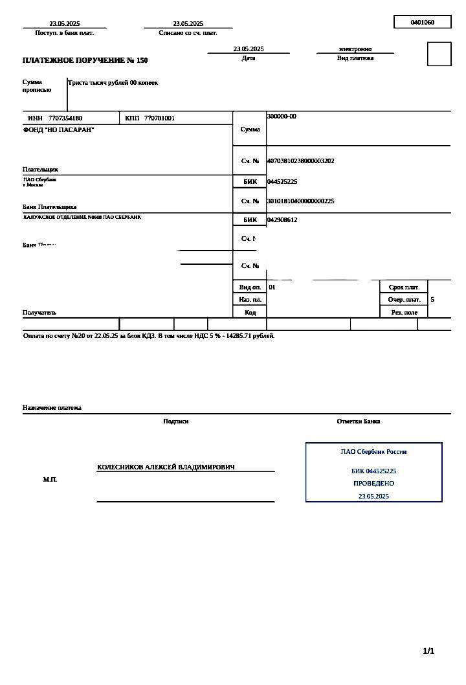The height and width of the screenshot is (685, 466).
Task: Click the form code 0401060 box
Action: [422, 22]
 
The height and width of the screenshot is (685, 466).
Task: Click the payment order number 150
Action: [142, 60]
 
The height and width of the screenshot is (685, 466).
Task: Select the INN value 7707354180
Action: [65, 118]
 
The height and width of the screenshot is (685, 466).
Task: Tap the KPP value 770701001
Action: [159, 118]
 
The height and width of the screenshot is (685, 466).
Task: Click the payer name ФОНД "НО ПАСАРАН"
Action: [58, 130]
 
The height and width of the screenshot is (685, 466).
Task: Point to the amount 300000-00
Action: [282, 117]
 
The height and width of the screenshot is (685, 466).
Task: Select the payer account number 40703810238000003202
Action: [300, 161]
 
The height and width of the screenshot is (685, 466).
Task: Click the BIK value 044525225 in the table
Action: [282, 182]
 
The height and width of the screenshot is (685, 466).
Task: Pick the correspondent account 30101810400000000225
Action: [300, 201]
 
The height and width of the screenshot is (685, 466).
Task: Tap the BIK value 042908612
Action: [282, 220]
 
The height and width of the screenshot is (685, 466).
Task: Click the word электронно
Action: [355, 49]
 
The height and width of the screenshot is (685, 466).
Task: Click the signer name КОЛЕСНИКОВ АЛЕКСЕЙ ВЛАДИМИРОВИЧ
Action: [166, 467]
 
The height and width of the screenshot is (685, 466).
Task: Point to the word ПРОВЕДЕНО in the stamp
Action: [373, 484]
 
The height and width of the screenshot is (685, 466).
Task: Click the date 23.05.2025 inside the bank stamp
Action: [373, 496]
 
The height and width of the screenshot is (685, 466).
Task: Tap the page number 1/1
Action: [428, 651]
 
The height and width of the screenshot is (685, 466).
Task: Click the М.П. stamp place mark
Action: [50, 479]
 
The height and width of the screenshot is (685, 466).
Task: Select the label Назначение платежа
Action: [52, 408]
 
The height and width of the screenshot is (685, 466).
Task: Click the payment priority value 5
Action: [432, 300]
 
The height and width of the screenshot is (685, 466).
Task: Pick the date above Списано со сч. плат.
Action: [188, 23]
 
